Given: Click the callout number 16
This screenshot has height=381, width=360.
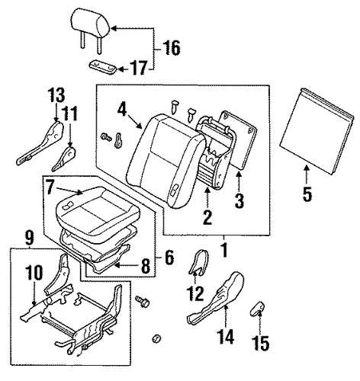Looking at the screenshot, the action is (172, 48).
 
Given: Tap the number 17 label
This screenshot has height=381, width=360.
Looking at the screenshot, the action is (139, 68).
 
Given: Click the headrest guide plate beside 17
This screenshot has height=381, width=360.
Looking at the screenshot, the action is (103, 67).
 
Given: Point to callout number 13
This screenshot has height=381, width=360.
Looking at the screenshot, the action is (56, 95).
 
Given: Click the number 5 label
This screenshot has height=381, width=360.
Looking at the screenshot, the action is (307, 194).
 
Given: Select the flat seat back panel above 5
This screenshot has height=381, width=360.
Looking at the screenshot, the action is (317, 131).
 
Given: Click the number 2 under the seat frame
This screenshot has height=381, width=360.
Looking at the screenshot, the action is (207, 217).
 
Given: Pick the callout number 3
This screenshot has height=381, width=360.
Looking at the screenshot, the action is (239, 200).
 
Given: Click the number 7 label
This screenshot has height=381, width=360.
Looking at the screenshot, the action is (50, 187).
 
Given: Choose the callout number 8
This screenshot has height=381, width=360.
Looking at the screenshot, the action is (146, 266).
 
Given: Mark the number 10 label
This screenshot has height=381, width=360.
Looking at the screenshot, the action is (34, 273).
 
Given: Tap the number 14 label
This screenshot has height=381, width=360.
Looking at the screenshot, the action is (227, 337).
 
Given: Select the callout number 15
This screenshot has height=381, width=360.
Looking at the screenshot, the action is (261, 343).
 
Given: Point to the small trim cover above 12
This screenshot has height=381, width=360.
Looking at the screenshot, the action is (199, 262).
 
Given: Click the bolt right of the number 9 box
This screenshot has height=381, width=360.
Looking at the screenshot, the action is (143, 300).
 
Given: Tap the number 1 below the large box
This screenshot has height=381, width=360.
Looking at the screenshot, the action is (223, 250).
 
